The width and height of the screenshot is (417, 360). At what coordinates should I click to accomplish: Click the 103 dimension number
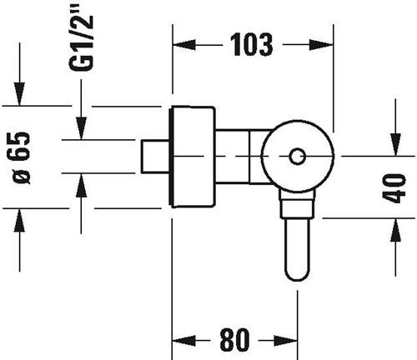pyautogui.click(x=252, y=44)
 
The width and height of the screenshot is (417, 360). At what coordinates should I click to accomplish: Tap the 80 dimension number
pyautogui.click(x=234, y=339)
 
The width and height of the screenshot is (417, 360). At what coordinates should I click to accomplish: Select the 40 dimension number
pyautogui.click(x=394, y=188)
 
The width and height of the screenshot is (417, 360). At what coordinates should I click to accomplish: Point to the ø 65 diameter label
pyautogui.click(x=22, y=158)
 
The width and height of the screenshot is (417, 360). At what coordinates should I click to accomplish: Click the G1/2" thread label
pyautogui.click(x=81, y=37)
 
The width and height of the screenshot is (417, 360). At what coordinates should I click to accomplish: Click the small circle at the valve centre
pyautogui.click(x=298, y=157)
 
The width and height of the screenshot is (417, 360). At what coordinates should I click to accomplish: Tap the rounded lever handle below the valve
pyautogui.click(x=298, y=249)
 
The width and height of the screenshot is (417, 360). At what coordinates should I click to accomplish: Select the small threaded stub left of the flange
pyautogui.click(x=155, y=157)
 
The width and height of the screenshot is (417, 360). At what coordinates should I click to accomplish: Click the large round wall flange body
pyautogui.click(x=193, y=157)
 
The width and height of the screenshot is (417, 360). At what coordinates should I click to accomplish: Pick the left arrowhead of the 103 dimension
pyautogui.click(x=184, y=45)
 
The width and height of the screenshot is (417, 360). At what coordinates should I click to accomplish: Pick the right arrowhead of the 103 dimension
pyautogui.click(x=321, y=45)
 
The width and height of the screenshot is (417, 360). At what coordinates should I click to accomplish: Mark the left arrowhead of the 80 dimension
pyautogui.click(x=184, y=340)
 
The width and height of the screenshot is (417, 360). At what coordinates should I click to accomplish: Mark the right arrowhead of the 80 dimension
pyautogui.click(x=286, y=340)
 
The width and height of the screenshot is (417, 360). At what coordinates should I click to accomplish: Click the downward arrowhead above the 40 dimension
pyautogui.click(x=395, y=144)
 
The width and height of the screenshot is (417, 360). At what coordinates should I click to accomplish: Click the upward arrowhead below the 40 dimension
pyautogui.click(x=395, y=230)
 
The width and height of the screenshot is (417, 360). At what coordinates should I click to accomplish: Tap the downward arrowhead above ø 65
pyautogui.click(x=19, y=94)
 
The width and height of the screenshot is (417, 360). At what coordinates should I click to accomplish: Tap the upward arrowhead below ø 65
pyautogui.click(x=19, y=220)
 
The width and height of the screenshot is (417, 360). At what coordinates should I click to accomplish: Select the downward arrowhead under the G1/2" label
pyautogui.click(x=81, y=128)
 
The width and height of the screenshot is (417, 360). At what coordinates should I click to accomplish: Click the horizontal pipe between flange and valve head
pyautogui.click(x=239, y=157)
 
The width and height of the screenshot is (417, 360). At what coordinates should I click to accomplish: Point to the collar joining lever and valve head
pyautogui.click(x=298, y=205)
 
